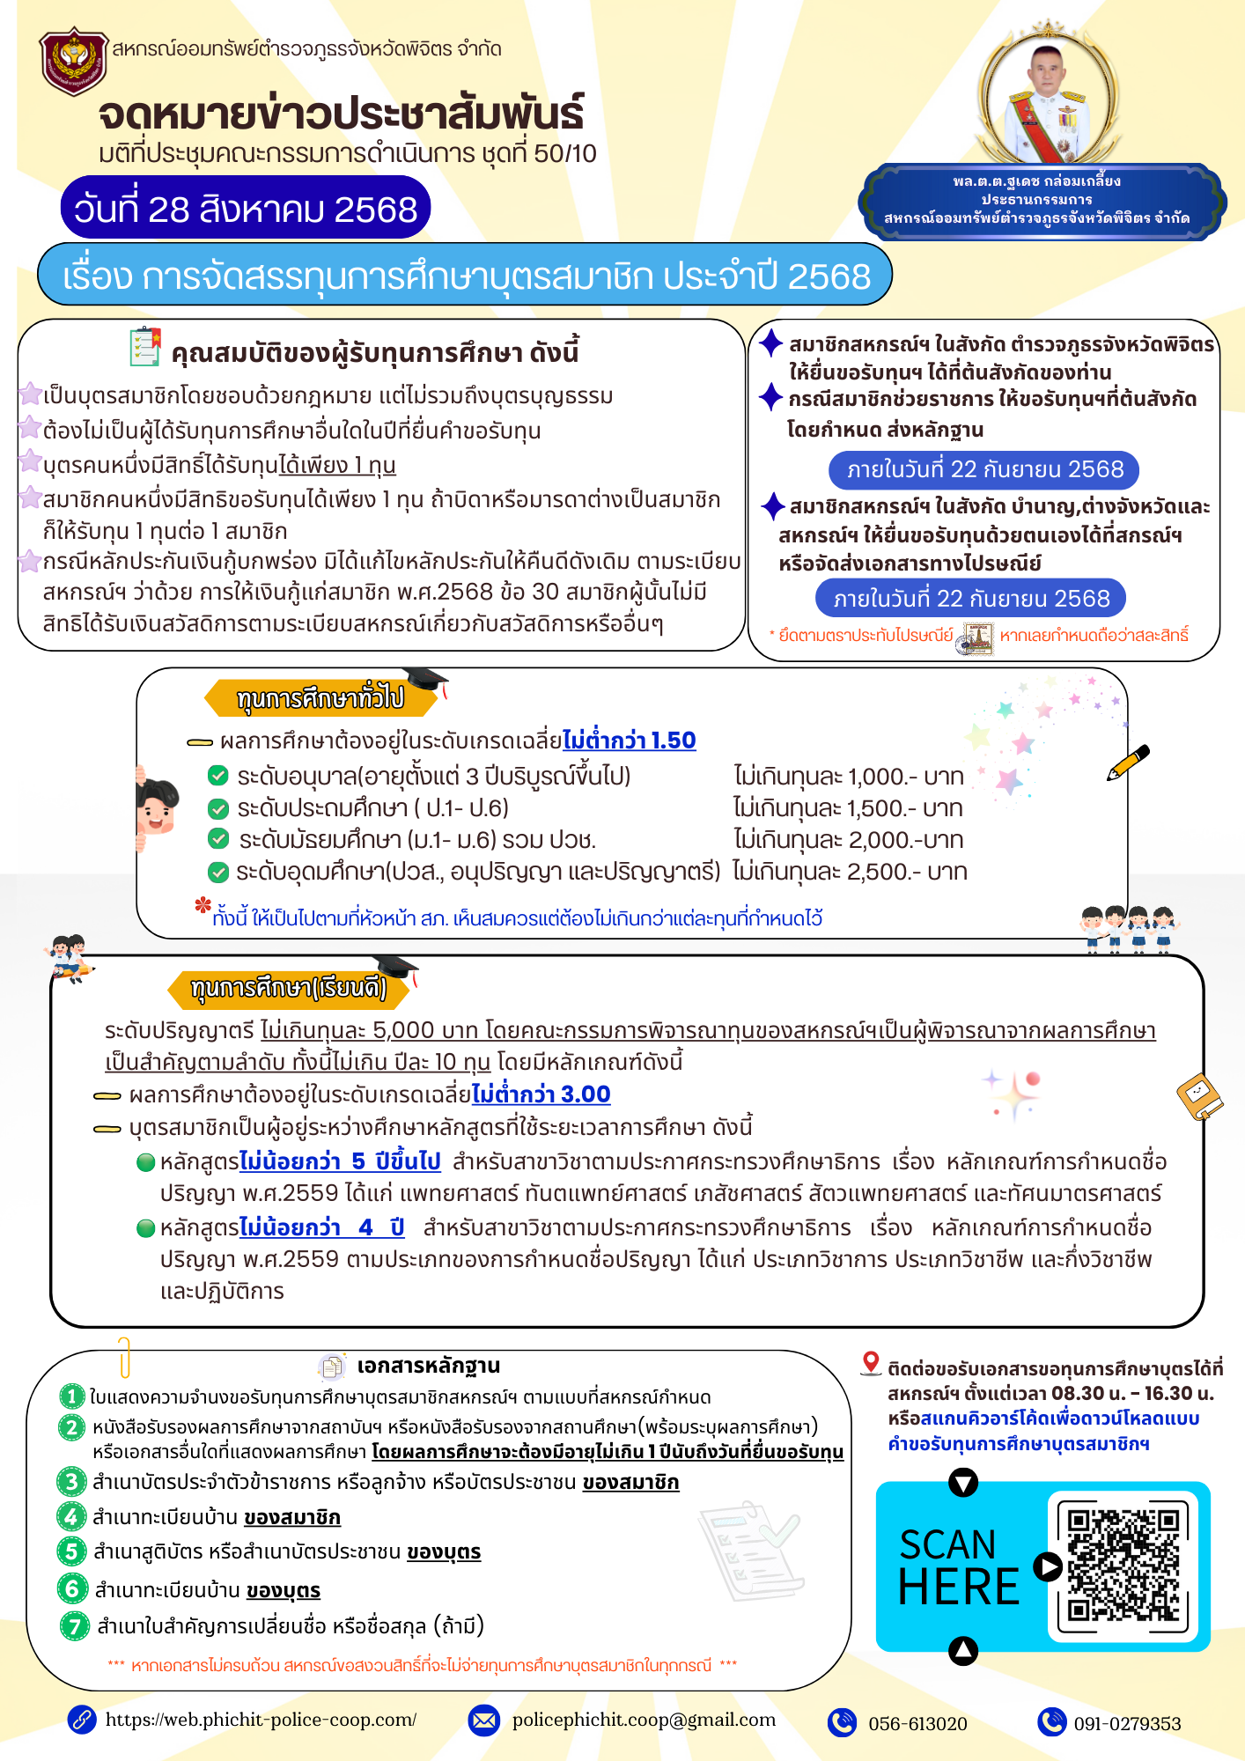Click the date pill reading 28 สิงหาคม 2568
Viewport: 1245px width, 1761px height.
pyautogui.click(x=245, y=209)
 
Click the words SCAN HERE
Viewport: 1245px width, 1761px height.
pyautogui.click(x=958, y=1566)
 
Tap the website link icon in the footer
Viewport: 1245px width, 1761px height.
pyautogui.click(x=83, y=1720)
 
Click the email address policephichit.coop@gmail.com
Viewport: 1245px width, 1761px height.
pyautogui.click(x=644, y=1720)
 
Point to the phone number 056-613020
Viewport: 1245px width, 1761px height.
pyautogui.click(x=917, y=1724)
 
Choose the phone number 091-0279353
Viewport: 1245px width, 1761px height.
pyautogui.click(x=1127, y=1724)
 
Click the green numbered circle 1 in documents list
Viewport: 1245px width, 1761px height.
pyautogui.click(x=71, y=1397)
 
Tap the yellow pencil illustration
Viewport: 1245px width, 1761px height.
pyautogui.click(x=1128, y=763)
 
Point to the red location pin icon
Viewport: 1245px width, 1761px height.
pyautogui.click(x=871, y=1363)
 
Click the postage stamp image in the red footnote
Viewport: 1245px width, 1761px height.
pyautogui.click(x=976, y=637)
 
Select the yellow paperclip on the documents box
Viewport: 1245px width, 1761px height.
pyautogui.click(x=124, y=1357)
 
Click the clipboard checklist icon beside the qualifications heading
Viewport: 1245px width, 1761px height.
pyautogui.click(x=145, y=347)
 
